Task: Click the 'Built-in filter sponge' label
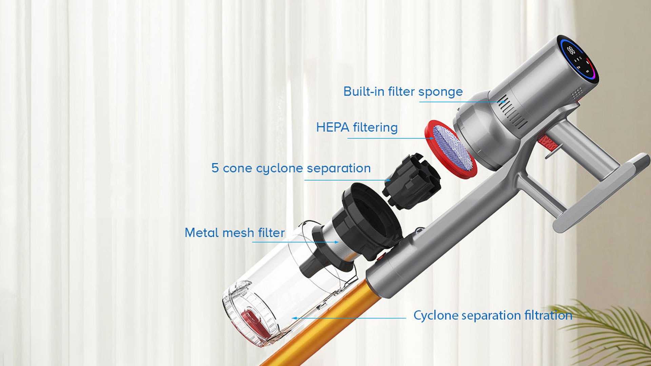click(403, 92)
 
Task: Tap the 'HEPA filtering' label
click(357, 127)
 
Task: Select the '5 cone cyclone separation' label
click(291, 168)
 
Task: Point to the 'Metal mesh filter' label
click(235, 232)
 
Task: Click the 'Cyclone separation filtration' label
click(493, 316)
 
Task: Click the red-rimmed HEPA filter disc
click(451, 149)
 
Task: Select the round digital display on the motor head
click(579, 60)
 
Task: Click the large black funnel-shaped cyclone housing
click(368, 220)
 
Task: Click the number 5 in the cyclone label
click(215, 168)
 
